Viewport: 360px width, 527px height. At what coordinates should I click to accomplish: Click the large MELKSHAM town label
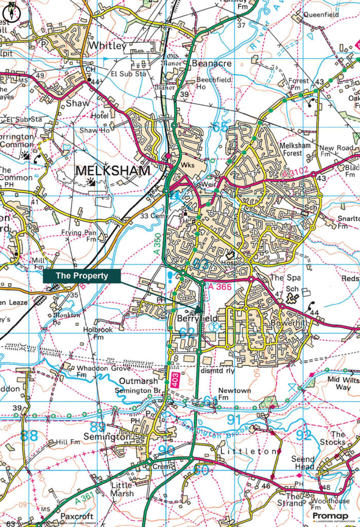pos(113,170)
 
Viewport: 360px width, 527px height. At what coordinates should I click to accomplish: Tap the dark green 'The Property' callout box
pos(82,276)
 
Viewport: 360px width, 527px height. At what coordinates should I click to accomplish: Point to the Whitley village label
pos(107,46)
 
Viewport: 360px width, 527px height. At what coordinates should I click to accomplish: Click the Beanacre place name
pos(211,64)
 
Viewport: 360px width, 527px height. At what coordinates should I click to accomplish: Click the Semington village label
pos(107,436)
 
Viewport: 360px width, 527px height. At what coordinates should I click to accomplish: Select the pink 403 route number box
pos(175,381)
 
